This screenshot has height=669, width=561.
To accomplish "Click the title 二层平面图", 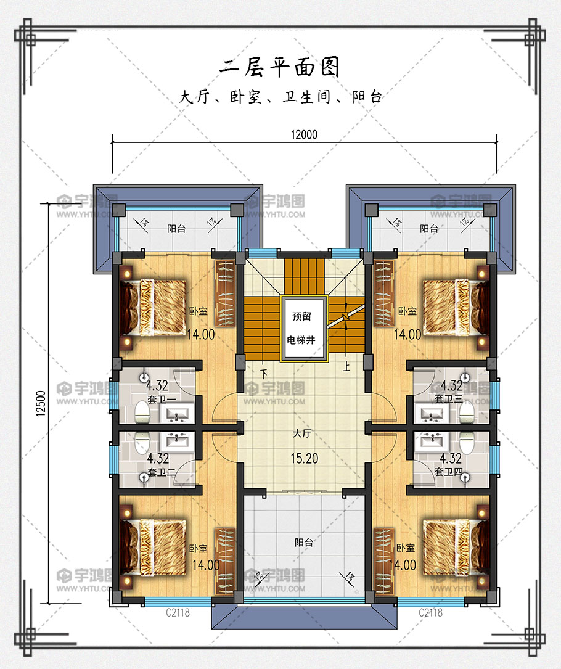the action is coord(280,67).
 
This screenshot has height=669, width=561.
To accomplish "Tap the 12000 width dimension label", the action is coord(304,135).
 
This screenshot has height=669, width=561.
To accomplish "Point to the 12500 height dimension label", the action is coord(41,403).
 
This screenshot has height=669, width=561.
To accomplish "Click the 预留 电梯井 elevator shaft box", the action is coord(304,328).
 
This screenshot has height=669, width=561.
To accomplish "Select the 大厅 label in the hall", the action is coord(302,433).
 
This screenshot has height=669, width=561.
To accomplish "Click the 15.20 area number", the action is coord(304,459).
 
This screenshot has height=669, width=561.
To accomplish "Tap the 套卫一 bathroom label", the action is coord(162,400).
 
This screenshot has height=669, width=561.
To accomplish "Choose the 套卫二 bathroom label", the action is coord(162,472).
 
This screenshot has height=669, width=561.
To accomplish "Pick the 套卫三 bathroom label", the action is coord(448,399).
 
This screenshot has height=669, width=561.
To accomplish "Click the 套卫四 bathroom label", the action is coord(448,472).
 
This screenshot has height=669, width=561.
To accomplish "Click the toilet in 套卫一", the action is coord(142,412).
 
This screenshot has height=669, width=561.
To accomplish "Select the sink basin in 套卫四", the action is coord(432,441).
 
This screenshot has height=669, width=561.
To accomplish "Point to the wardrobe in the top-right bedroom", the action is coord(384,293).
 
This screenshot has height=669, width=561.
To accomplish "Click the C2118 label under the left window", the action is coord(178,613).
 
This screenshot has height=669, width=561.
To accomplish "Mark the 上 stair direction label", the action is coord(346,366).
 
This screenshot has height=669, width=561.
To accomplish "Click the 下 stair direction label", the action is coord(264,374).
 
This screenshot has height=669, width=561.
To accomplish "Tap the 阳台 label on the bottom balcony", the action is coord(304,542).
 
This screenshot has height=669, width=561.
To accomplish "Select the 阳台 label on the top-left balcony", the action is coord(176,229).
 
